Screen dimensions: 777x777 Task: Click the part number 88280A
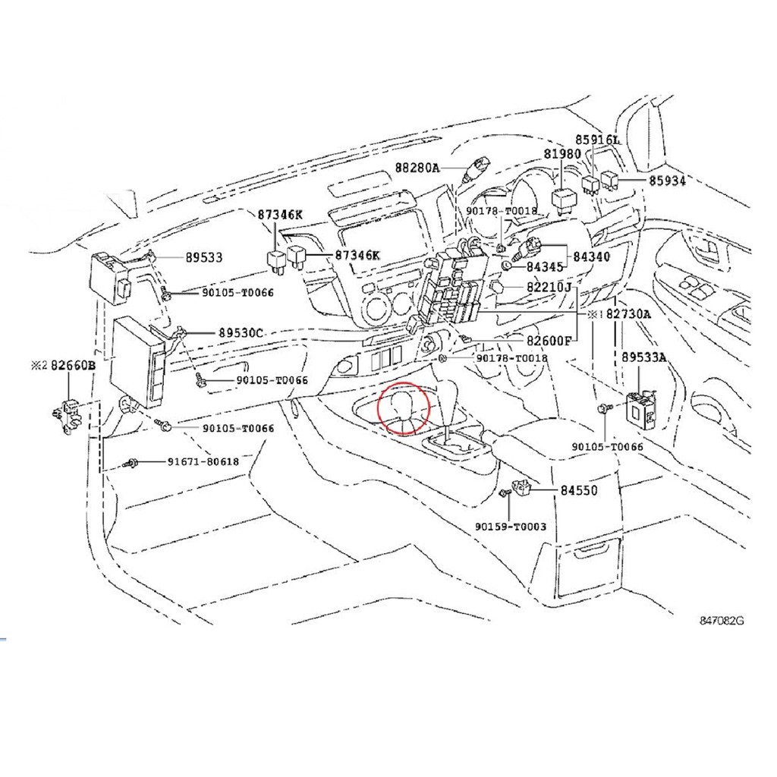[417, 168]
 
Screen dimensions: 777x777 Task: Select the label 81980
[562, 154]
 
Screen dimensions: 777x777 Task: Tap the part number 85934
[668, 181]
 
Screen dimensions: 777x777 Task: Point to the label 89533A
[644, 357]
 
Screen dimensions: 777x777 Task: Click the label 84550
[579, 490]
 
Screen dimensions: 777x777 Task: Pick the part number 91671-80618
[203, 462]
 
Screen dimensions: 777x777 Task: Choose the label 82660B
[74, 366]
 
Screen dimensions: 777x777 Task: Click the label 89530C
[241, 333]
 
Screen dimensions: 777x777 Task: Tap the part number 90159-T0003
[511, 527]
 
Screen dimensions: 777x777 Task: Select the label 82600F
[549, 341]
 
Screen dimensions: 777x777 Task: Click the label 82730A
[628, 314]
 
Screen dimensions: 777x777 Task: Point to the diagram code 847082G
[722, 621]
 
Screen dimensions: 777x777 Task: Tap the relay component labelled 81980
[562, 200]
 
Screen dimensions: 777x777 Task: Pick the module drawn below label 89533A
[642, 408]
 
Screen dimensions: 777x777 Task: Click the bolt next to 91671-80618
[131, 464]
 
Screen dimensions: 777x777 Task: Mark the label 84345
[545, 267]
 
